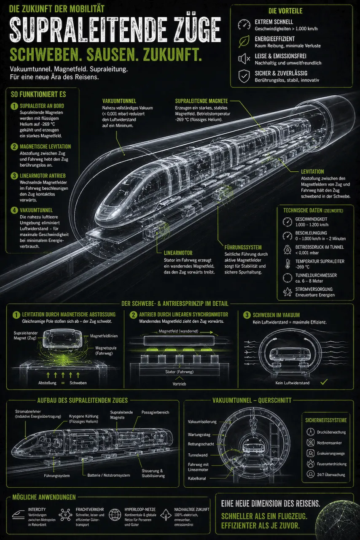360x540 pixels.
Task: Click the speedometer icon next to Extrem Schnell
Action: click(244, 24)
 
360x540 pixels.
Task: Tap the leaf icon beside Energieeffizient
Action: click(244, 41)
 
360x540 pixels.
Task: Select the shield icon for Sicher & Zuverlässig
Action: click(244, 76)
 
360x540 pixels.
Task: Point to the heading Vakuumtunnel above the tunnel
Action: click(119, 101)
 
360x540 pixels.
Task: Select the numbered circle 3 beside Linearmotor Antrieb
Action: click(14, 175)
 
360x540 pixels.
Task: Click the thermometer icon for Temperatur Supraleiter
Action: click(287, 264)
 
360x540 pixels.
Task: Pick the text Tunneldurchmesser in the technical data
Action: click(316, 275)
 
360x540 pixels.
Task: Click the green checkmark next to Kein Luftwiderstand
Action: click(324, 382)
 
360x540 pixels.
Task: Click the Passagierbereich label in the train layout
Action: click(155, 412)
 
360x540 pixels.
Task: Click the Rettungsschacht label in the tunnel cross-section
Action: click(201, 444)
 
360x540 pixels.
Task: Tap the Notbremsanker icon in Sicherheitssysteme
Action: click(310, 443)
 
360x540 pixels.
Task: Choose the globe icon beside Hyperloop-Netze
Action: click(115, 514)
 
